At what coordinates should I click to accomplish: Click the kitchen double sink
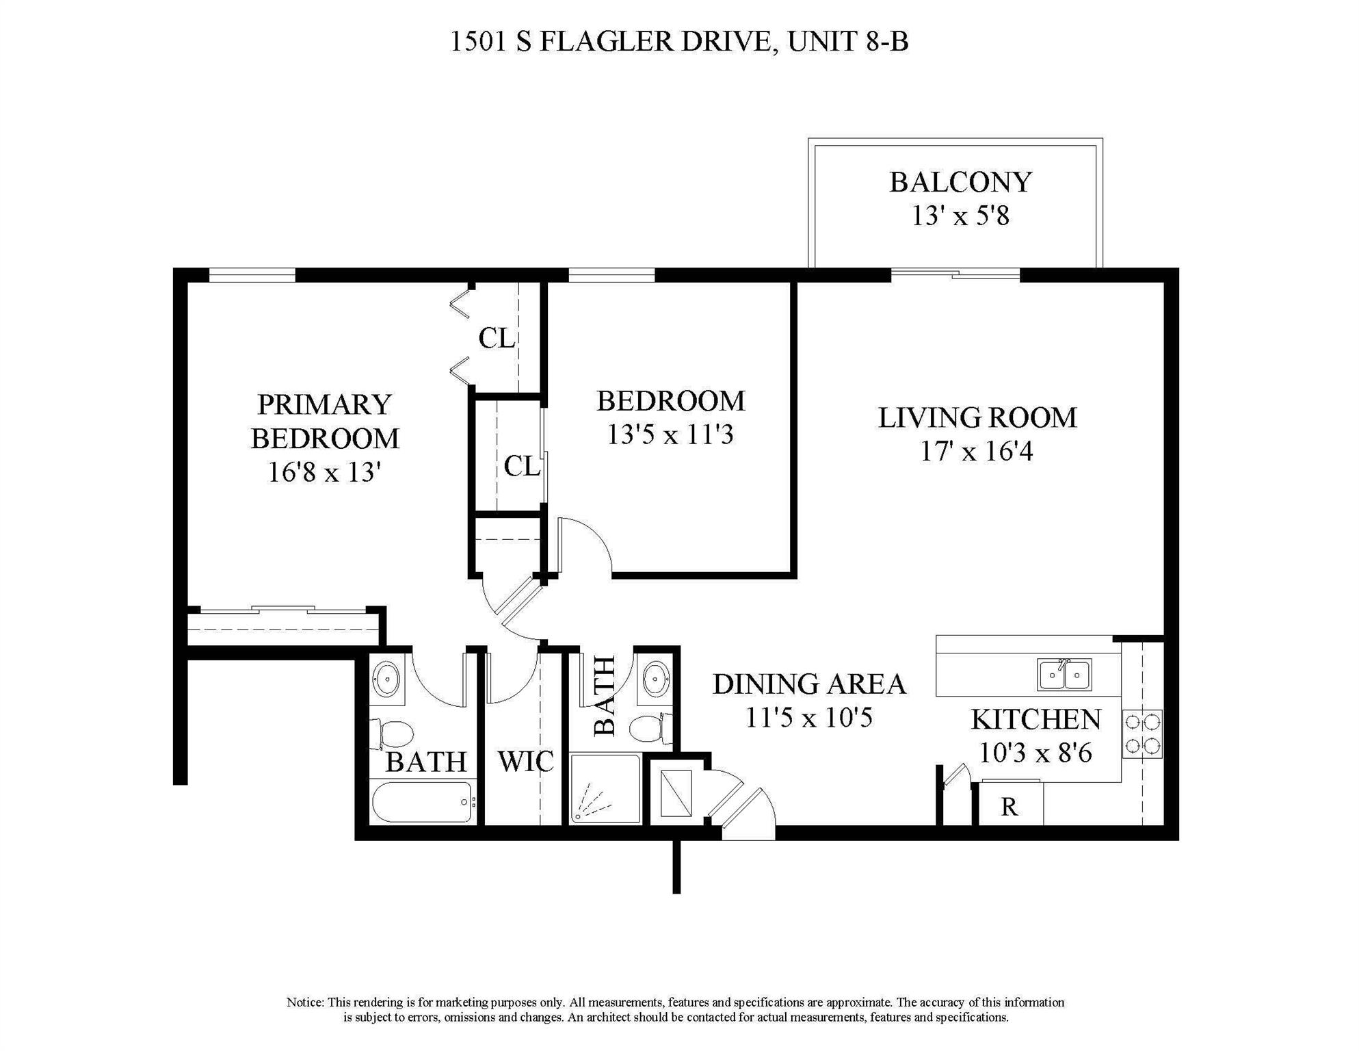click(x=1064, y=674)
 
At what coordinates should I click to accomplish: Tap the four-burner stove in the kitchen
click(x=1142, y=734)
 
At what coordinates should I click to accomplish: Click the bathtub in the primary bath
click(x=423, y=802)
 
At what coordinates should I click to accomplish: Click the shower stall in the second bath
click(x=605, y=789)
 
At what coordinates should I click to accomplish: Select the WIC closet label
click(x=525, y=762)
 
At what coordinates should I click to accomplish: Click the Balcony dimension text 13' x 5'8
click(x=960, y=216)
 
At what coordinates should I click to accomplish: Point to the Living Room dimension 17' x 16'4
click(x=977, y=452)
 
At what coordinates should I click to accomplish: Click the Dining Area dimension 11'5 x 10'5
click(x=809, y=718)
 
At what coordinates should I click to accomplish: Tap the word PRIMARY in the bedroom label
click(x=324, y=404)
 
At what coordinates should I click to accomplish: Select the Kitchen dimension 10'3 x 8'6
click(x=1035, y=753)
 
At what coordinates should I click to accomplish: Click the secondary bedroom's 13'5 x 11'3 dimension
click(x=670, y=434)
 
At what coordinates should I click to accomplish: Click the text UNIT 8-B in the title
click(x=848, y=42)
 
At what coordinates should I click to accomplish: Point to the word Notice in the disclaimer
click(x=304, y=1002)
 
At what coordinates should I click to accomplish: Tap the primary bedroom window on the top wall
click(x=252, y=275)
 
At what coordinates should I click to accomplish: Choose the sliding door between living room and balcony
click(x=955, y=275)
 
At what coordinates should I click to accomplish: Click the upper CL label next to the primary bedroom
click(x=497, y=338)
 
